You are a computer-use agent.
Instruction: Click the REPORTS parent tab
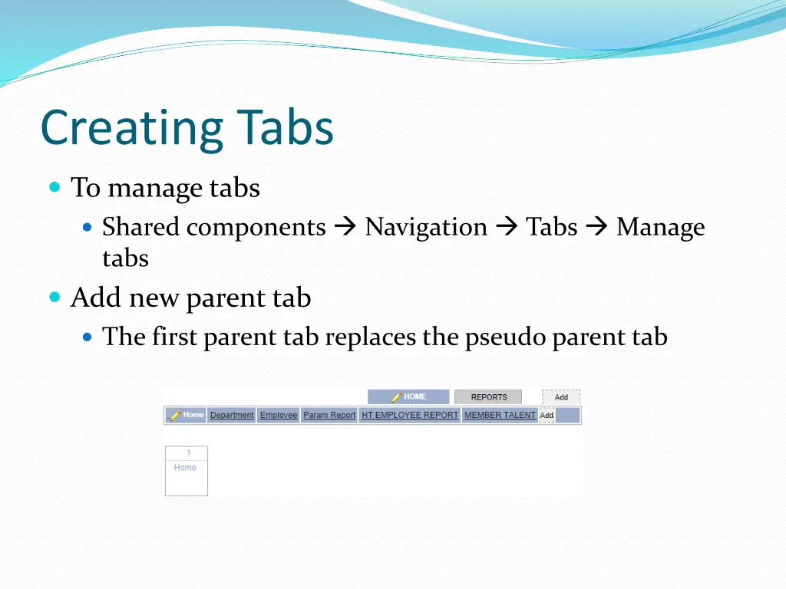tap(488, 397)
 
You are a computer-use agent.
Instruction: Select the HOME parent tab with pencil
tap(408, 397)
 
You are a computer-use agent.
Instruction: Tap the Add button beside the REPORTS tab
tap(561, 397)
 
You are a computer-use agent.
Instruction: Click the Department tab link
tap(232, 416)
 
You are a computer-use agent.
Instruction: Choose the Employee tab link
tap(278, 416)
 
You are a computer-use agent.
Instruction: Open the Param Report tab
tap(329, 416)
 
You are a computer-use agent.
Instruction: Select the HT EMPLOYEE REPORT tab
tap(410, 416)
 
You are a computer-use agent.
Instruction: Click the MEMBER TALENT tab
tap(500, 416)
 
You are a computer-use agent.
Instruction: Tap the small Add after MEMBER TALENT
tap(547, 416)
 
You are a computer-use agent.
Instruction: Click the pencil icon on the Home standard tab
tap(174, 416)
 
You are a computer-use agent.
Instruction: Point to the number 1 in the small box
tap(189, 453)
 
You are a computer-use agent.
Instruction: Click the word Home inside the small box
tap(185, 468)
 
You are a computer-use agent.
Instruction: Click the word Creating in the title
tap(132, 128)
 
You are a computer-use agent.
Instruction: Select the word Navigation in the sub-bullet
tap(426, 228)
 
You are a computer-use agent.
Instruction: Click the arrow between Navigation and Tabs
tap(507, 228)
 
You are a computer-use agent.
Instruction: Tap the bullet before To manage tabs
tap(54, 187)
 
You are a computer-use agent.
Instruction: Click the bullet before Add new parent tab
tap(54, 297)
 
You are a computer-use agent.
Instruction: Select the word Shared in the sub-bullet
tap(141, 228)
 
